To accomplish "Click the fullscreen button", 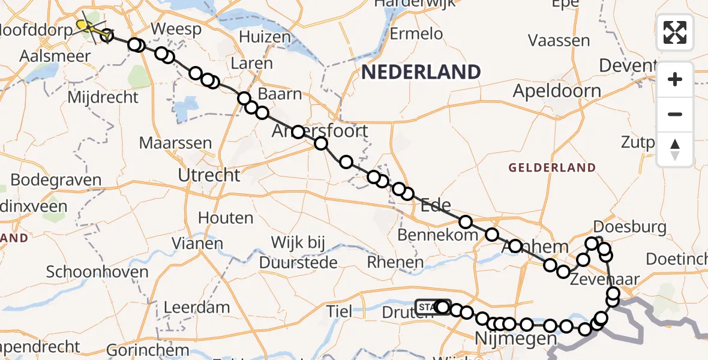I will click(675, 32).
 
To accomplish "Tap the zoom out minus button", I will click(675, 114).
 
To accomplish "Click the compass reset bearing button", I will click(675, 149).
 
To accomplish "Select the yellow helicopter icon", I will click(88, 26).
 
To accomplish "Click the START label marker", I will click(427, 307).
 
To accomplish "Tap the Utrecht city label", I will click(209, 175).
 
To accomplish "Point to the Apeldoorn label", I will click(557, 91).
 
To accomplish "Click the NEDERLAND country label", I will click(421, 72).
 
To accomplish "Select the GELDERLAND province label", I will click(552, 168).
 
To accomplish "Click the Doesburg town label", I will click(629, 227).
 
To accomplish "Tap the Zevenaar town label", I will click(606, 279).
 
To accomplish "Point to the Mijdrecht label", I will click(104, 97).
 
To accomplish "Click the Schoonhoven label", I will click(97, 272).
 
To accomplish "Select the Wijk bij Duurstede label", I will click(299, 253).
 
